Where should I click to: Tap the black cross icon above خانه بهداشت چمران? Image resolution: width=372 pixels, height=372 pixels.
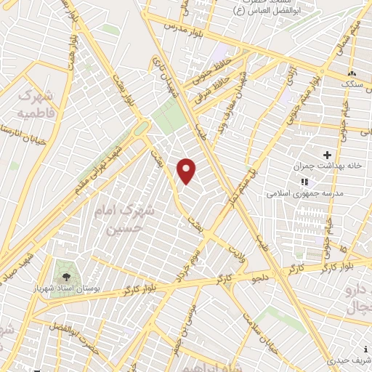(x=327, y=155)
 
